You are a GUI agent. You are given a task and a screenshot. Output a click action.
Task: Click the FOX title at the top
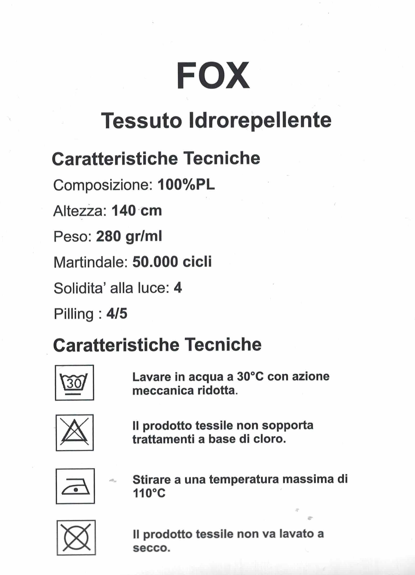pyautogui.click(x=213, y=76)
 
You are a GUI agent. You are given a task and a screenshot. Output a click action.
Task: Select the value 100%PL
pyautogui.click(x=186, y=185)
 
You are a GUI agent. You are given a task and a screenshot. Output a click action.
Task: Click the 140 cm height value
pyautogui.click(x=136, y=211)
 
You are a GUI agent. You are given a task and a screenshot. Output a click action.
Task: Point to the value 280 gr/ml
pyautogui.click(x=129, y=236)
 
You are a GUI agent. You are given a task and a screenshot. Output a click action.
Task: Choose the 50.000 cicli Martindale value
pyautogui.click(x=172, y=262)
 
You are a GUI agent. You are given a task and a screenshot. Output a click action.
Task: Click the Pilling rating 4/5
pyautogui.click(x=117, y=314)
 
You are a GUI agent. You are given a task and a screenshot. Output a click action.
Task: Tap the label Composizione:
pyautogui.click(x=103, y=185)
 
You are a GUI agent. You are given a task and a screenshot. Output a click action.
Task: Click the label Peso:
pyautogui.click(x=72, y=237)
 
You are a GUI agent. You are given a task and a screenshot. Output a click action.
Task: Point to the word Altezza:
pyautogui.click(x=80, y=211)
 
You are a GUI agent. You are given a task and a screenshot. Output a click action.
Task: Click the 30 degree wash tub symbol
pyautogui.click(x=74, y=383)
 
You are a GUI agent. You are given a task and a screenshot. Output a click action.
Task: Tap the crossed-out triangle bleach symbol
pyautogui.click(x=75, y=432)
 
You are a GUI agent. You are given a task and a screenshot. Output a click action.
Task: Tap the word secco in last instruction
pyautogui.click(x=151, y=548)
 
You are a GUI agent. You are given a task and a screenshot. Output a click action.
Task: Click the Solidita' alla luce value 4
pyautogui.click(x=178, y=288)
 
